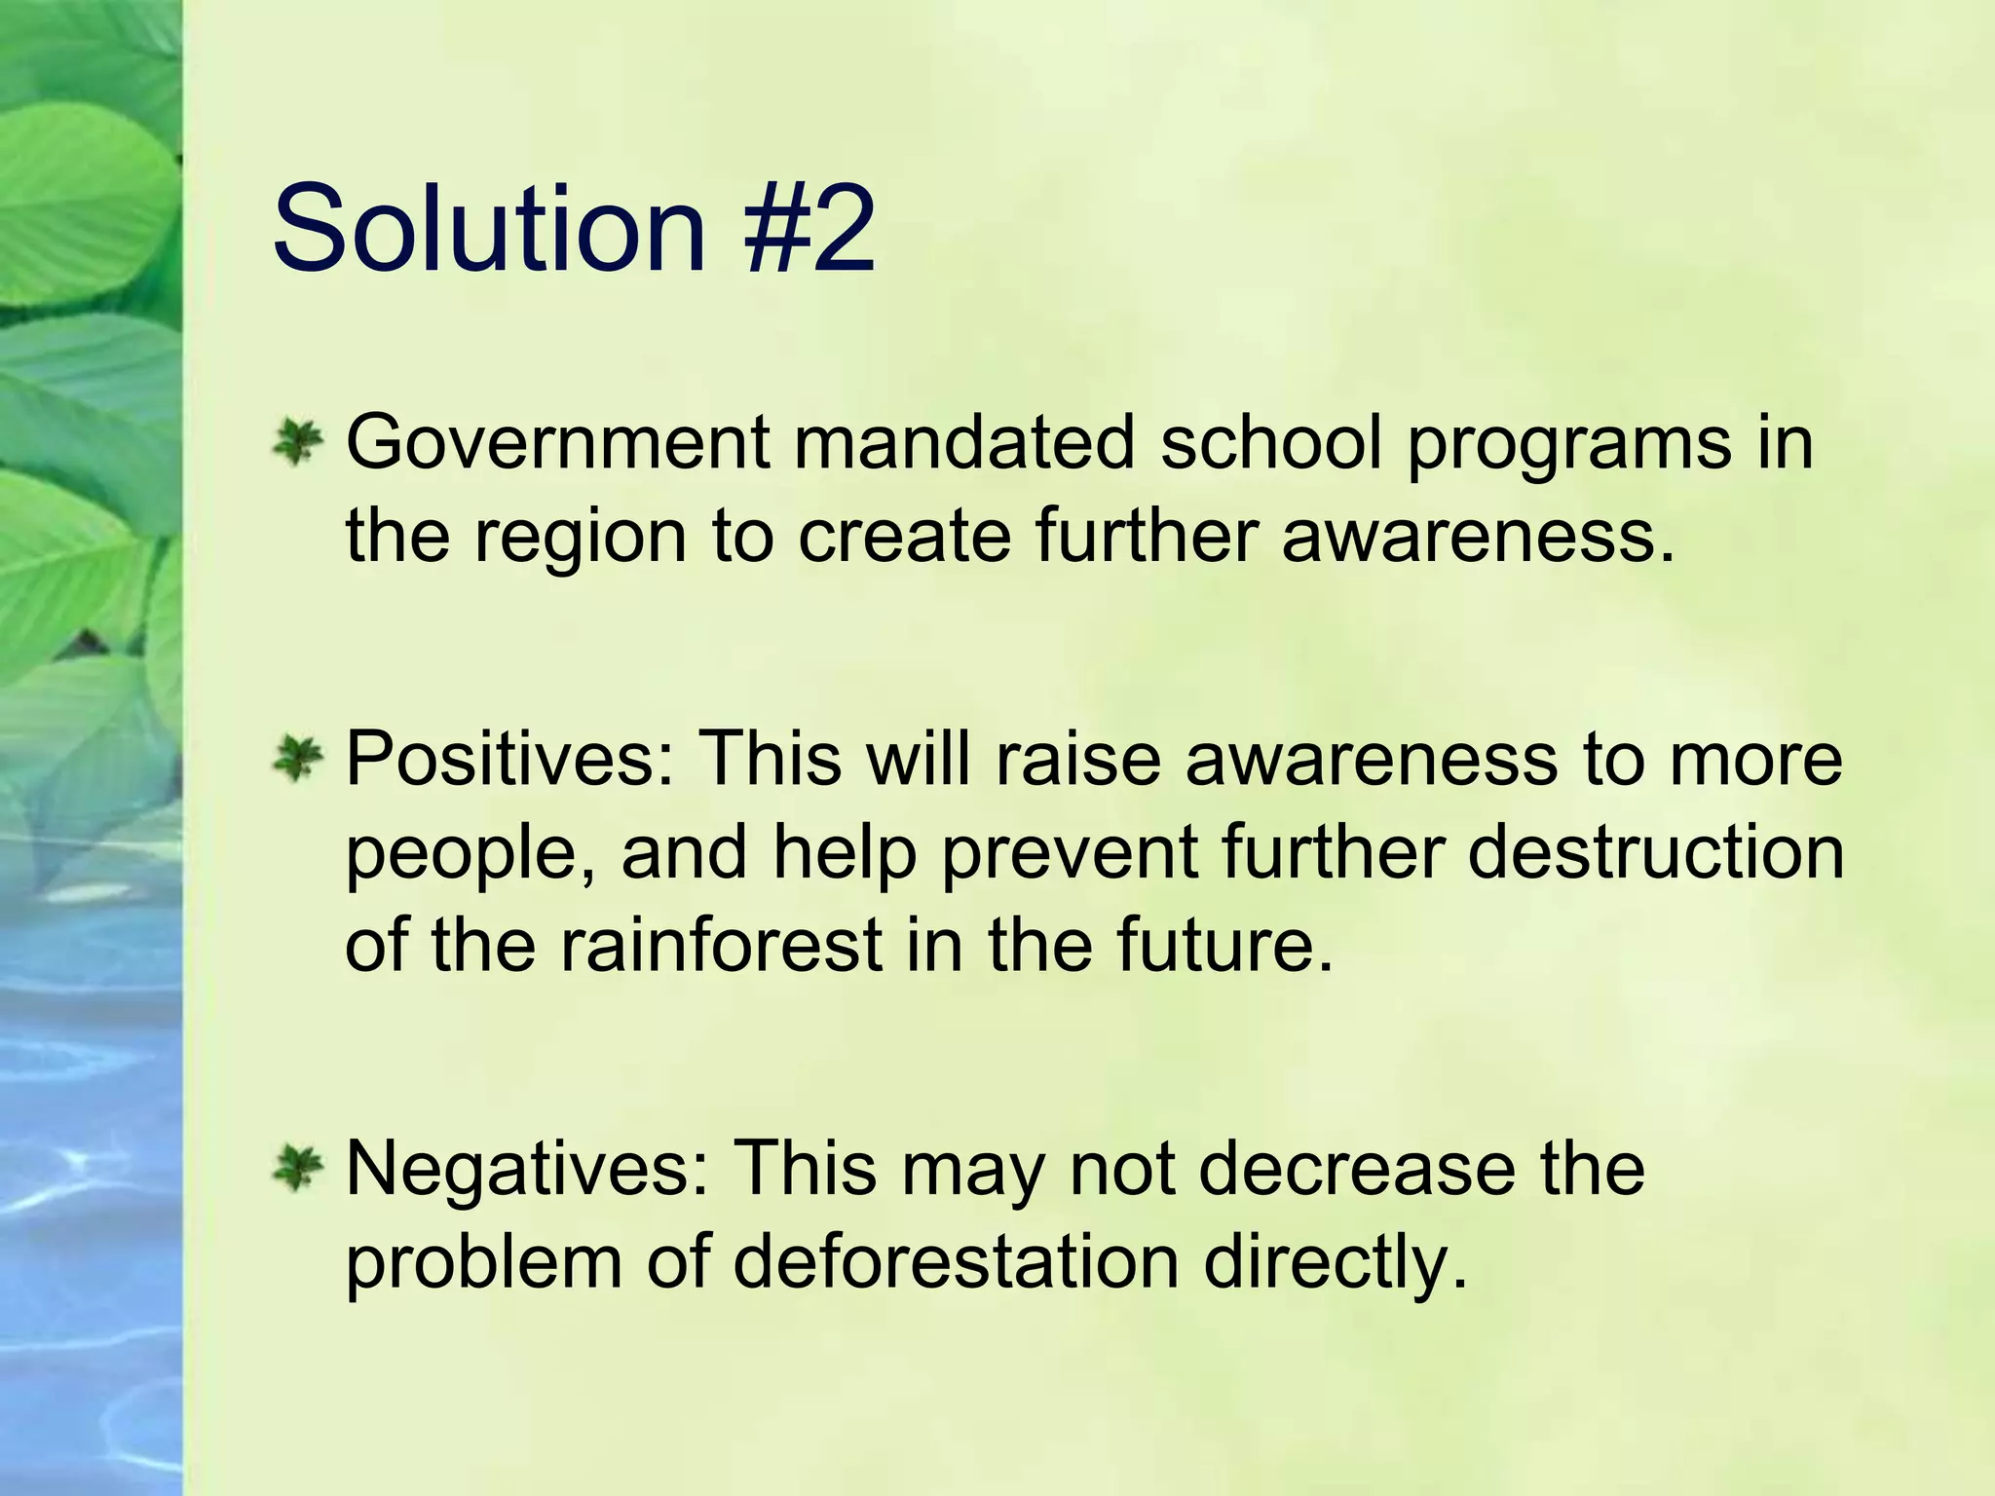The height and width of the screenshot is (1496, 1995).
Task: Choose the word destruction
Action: (1655, 851)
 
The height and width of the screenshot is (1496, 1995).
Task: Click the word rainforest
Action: (721, 945)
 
